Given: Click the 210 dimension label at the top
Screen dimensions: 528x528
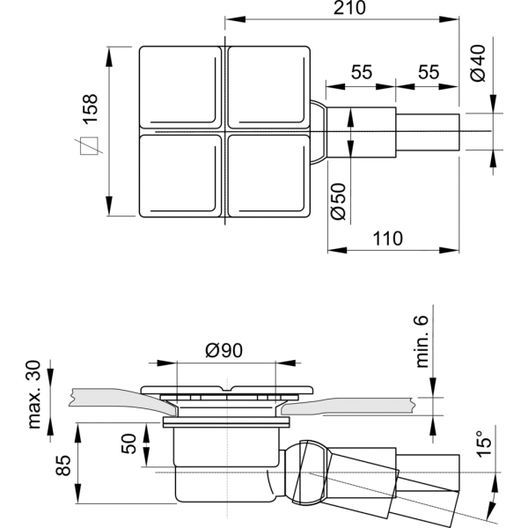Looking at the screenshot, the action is coord(349,8).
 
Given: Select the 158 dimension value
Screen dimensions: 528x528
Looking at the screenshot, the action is coord(91,109).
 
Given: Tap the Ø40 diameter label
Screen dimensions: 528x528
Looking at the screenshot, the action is coord(478,63).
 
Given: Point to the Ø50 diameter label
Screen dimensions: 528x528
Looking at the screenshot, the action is coord(338,202).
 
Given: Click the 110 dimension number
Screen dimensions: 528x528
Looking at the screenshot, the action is coord(387,238).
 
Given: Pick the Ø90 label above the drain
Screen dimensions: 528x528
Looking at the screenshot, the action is coord(224,350).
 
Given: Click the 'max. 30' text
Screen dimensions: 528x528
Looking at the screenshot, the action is coord(34,394).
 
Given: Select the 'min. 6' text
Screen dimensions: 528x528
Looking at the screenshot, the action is coord(422,341).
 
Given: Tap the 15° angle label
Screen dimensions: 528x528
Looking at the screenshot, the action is coord(483,444).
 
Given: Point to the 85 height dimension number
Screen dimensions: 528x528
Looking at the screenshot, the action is coord(63,465).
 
